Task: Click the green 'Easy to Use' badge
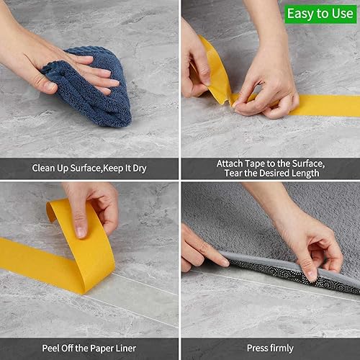click(x=320, y=13)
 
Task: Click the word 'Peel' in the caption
click(x=44, y=348)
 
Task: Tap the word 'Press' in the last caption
click(x=257, y=348)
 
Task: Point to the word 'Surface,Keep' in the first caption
click(x=94, y=168)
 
